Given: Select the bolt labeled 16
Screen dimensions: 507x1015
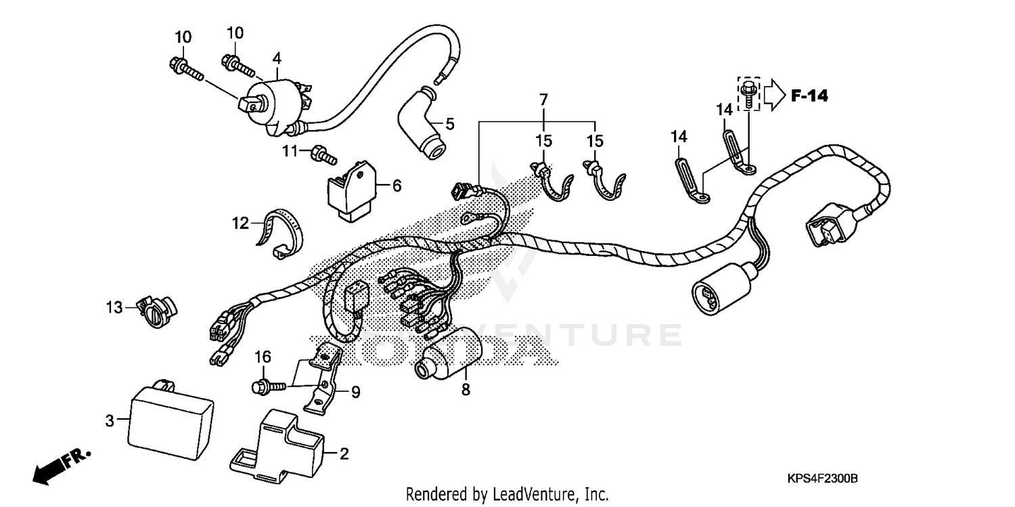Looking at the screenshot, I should point(265,385).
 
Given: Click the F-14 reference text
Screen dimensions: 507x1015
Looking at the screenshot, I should point(809,96).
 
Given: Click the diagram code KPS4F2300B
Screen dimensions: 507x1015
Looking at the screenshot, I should point(821,479).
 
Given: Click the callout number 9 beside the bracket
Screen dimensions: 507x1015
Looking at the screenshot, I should point(355,391).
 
